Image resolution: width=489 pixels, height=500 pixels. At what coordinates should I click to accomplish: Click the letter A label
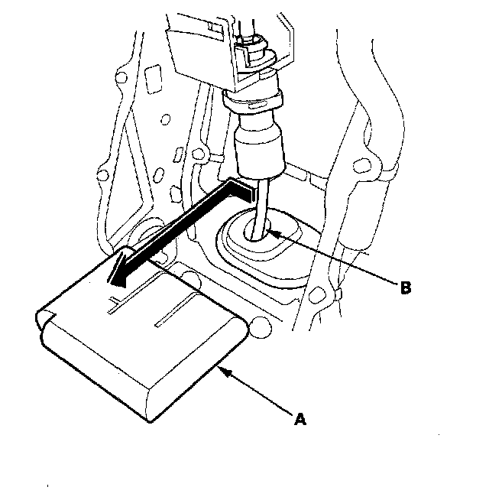[300, 419]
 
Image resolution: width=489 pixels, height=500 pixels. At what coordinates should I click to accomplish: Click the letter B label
[406, 288]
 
